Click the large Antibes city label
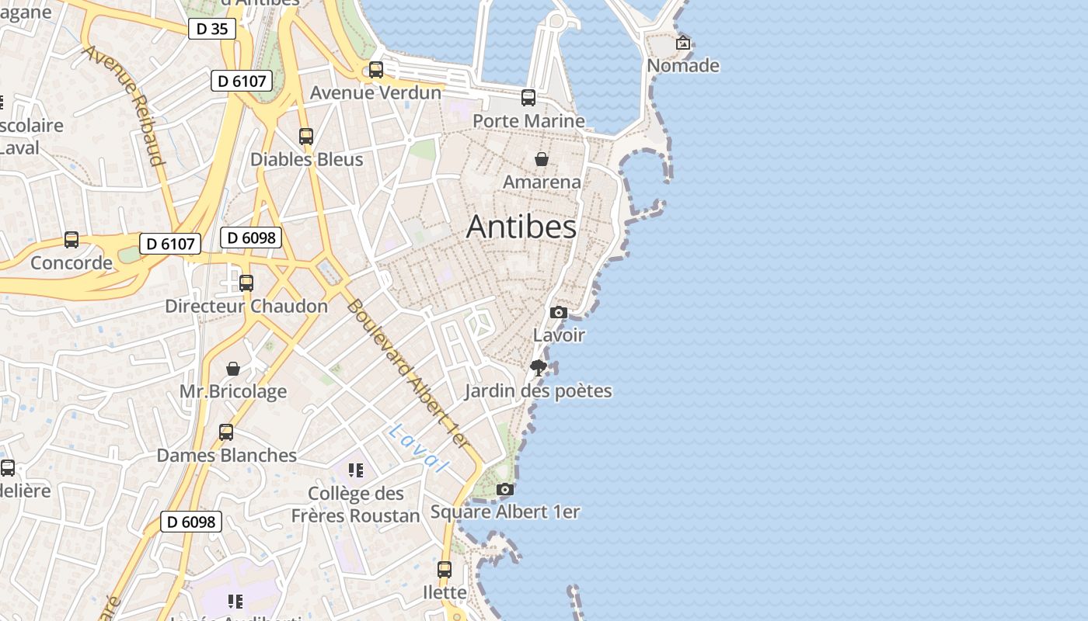[521, 227]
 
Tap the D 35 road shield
[211, 29]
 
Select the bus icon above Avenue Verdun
[376, 70]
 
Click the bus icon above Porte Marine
[528, 98]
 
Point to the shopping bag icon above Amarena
[542, 159]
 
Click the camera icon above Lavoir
[558, 313]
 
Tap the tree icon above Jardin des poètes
[538, 368]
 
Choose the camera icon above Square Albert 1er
[505, 489]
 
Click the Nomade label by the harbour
[682, 66]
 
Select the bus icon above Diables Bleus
[306, 137]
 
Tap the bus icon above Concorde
[71, 240]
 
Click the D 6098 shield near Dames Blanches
[191, 522]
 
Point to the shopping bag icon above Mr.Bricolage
[233, 369]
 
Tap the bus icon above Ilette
[445, 570]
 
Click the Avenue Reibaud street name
[124, 105]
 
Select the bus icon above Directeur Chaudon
[246, 283]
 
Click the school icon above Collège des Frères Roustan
[356, 470]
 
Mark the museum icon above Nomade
[682, 43]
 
